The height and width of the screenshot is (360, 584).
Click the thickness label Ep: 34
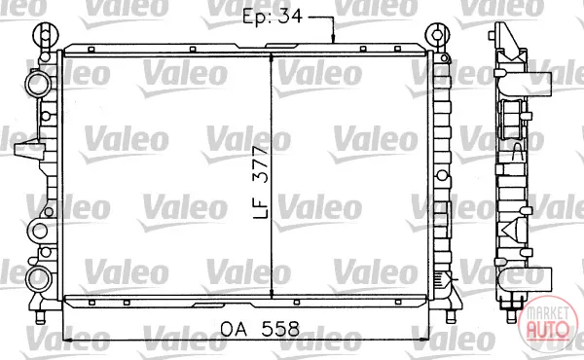click(x=273, y=16)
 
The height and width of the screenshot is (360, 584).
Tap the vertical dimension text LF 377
click(x=260, y=182)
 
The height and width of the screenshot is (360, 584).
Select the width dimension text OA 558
click(x=260, y=329)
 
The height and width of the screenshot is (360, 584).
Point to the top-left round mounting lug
click(x=46, y=35)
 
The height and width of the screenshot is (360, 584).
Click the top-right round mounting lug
click(x=437, y=35)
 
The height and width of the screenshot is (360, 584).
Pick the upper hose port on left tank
click(x=37, y=84)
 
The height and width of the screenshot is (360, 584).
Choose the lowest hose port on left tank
click(x=38, y=279)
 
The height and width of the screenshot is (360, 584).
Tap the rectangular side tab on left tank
click(x=28, y=149)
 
